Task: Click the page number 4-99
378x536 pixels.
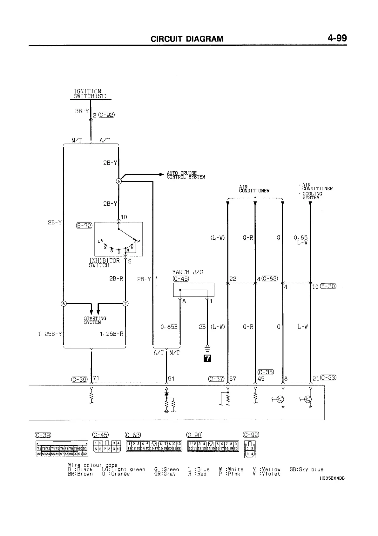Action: (337, 38)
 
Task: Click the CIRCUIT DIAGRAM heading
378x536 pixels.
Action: (187, 39)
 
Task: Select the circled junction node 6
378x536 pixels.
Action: (119, 181)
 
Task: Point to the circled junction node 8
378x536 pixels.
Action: (64, 303)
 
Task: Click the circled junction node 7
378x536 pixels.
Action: (126, 303)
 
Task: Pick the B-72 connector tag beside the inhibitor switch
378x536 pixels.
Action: (84, 226)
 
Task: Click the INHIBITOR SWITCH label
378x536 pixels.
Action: (99, 263)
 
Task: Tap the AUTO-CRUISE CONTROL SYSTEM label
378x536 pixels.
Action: (186, 175)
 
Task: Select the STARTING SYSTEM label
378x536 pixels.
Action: (95, 320)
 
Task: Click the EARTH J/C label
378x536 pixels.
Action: (187, 272)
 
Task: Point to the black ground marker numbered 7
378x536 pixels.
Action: (207, 359)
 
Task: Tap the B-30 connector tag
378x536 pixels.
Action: (328, 286)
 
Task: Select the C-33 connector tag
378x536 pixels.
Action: (328, 378)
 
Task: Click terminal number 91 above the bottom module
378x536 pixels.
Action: (171, 379)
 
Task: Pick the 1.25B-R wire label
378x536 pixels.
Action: (111, 334)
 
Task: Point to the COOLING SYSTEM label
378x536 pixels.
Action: (312, 195)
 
